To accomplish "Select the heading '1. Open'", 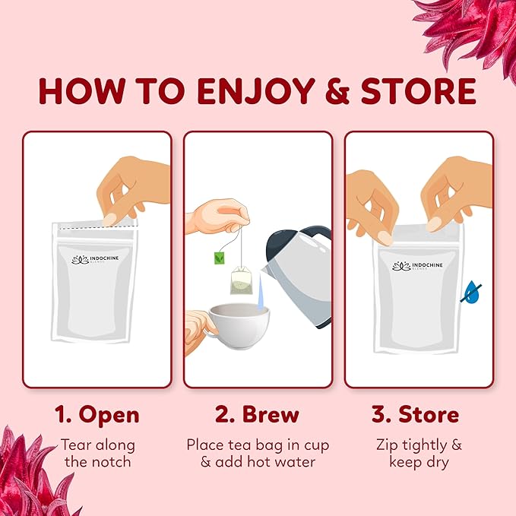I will [x=97, y=415].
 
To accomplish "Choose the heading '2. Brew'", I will [x=257, y=415].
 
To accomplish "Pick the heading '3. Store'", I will [x=415, y=415].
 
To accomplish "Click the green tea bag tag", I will [x=218, y=256].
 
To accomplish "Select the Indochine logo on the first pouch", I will [x=96, y=260].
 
